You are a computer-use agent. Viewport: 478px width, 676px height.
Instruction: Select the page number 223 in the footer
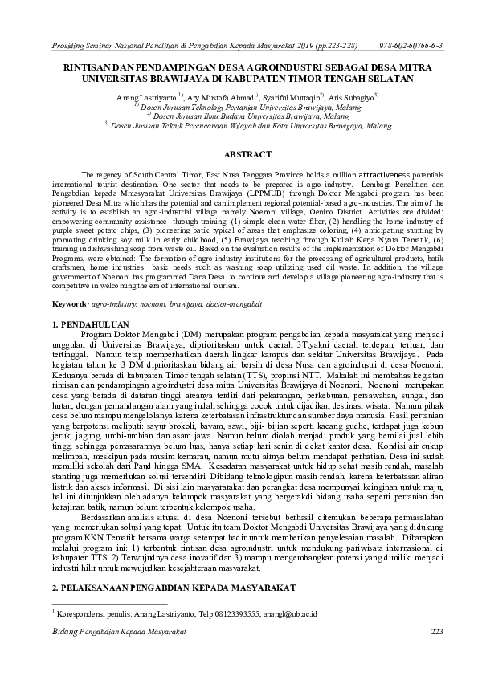click(x=437, y=633)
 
